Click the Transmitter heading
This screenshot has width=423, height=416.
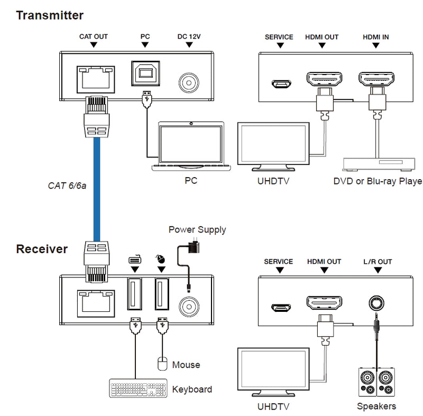50,15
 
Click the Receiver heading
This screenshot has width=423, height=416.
42,249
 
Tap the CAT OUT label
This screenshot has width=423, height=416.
93,37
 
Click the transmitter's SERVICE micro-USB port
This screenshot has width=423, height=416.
280,84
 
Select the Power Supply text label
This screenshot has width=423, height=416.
197,230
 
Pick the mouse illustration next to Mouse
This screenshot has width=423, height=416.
162,364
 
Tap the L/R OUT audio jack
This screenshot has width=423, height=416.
378,305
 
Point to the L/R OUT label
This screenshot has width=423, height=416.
378,262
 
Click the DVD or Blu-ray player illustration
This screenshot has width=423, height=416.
380,164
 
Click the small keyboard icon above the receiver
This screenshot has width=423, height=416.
134,260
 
